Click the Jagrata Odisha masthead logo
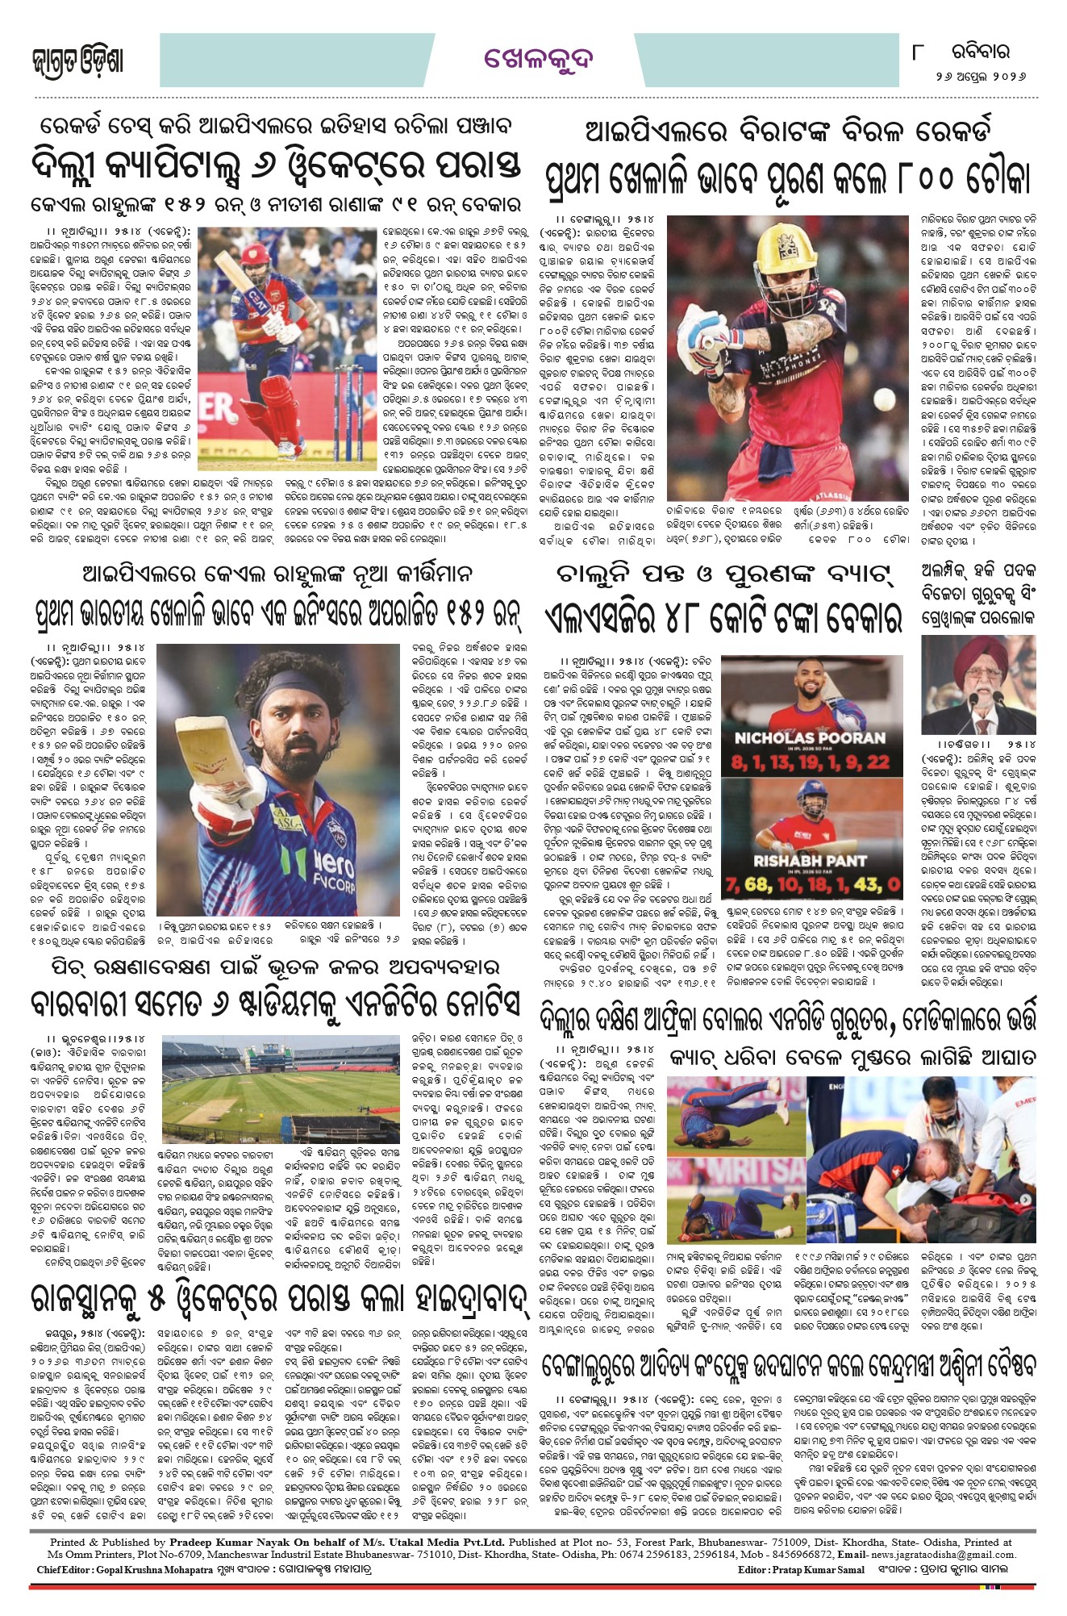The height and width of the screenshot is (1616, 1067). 78,61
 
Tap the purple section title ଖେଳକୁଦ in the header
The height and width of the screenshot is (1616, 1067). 538,59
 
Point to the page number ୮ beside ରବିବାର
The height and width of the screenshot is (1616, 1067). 917,52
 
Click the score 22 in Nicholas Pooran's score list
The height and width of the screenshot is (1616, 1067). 877,762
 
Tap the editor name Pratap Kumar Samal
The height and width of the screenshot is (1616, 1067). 818,1570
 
